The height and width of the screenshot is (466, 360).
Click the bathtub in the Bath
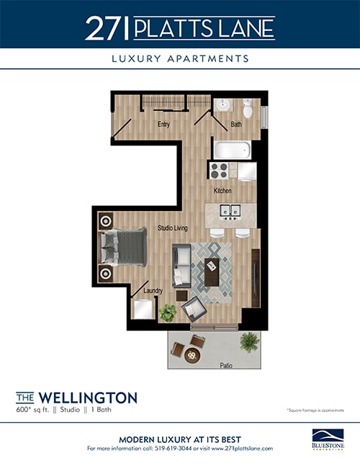[x=232, y=151]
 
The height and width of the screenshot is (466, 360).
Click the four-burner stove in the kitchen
[x=220, y=171]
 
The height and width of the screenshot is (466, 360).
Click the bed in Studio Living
[x=124, y=248]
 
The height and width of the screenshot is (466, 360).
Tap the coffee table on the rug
[x=213, y=273]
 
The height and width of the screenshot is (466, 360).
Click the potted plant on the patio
[x=250, y=341]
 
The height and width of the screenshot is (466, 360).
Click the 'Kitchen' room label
[x=222, y=191]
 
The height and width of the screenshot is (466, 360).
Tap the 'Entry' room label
[x=163, y=125]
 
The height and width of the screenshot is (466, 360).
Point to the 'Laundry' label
[x=153, y=291]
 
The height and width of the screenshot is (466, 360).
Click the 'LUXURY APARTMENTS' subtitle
[x=180, y=58]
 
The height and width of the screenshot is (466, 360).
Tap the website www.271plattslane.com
[x=241, y=448]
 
